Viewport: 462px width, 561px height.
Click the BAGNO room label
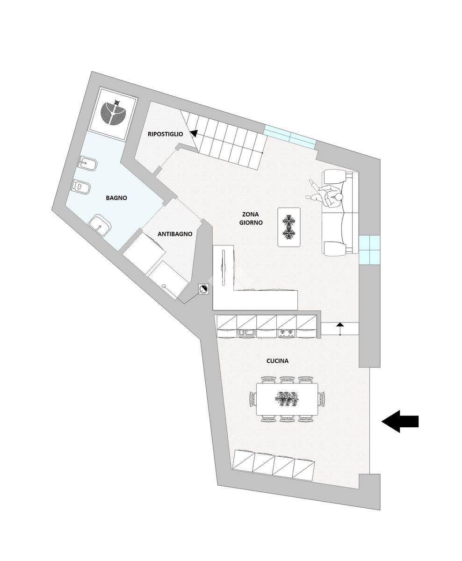pos(116,198)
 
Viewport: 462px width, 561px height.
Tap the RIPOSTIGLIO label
pos(165,134)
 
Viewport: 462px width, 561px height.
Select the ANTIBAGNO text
pos(175,234)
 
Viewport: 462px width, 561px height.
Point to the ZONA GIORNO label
pos(251,218)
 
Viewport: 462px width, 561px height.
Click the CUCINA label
pos(277,361)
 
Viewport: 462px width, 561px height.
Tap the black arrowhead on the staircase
pos(193,134)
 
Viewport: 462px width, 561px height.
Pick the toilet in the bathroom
pos(82,187)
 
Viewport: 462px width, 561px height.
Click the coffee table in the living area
pos(289,227)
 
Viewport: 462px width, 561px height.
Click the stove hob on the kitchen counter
pos(286,332)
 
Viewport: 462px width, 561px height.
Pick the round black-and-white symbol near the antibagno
pos(203,290)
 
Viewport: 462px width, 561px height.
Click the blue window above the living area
pos(290,137)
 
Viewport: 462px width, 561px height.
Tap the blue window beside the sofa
pos(369,250)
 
